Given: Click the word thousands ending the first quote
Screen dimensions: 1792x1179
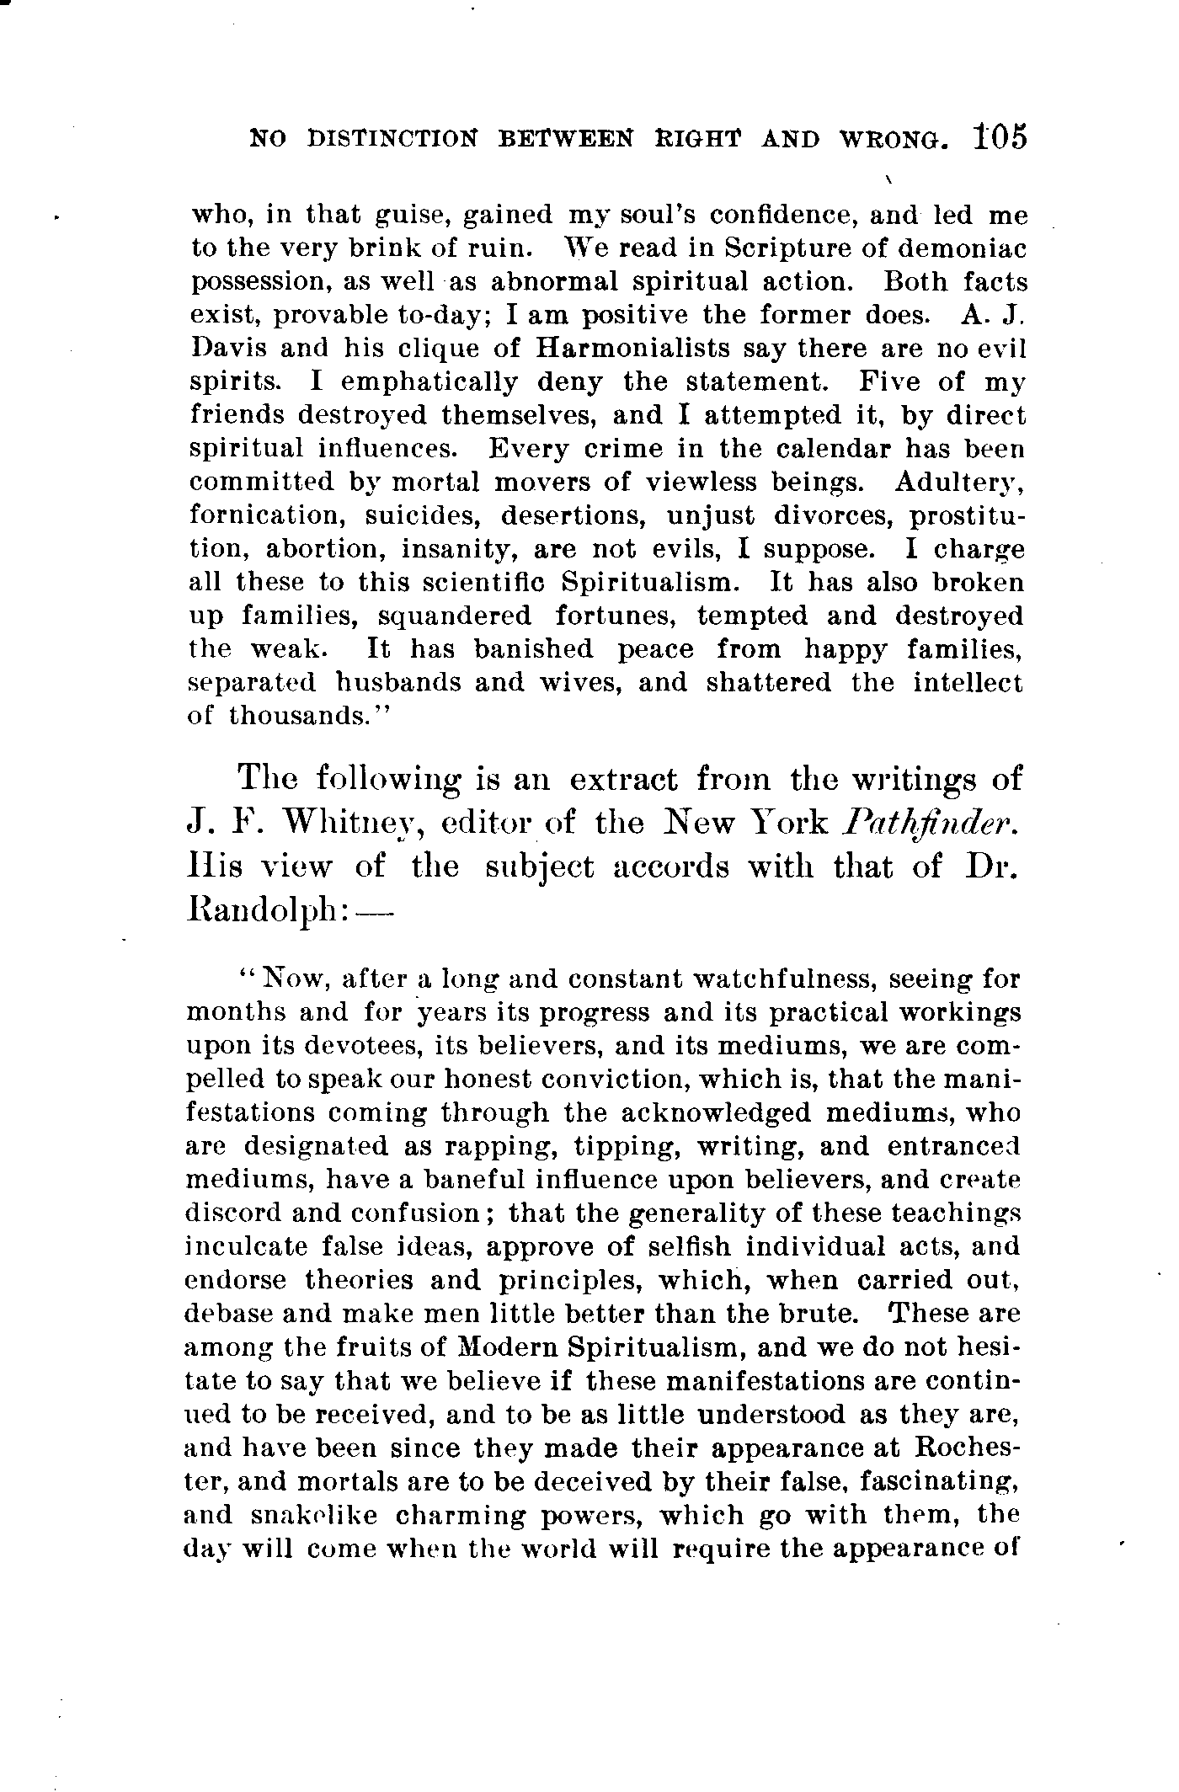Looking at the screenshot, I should (305, 717).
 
